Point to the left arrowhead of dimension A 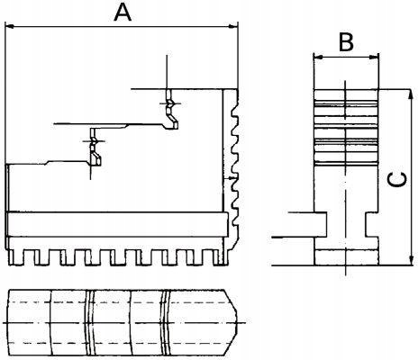click(x=10, y=27)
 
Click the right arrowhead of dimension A click(x=239, y=27)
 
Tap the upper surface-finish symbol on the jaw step click(x=169, y=107)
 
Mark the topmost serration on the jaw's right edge click(x=238, y=99)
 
